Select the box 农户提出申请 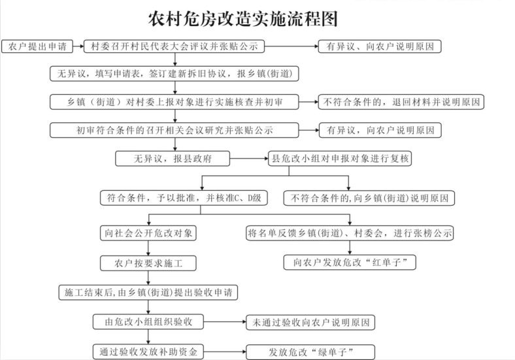click(37, 46)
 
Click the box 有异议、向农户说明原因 click(379, 46)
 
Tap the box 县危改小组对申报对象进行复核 click(340, 158)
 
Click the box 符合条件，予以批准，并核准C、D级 click(183, 197)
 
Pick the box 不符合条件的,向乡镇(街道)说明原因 click(369, 197)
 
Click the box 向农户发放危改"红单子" click(350, 263)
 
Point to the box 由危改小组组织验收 click(148, 322)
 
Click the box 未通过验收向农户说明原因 click(310, 323)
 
